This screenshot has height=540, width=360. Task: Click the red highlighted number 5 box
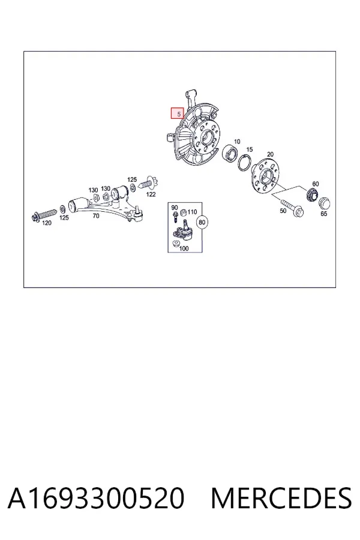178,113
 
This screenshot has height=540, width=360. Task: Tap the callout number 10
237,142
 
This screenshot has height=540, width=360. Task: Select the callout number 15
250,149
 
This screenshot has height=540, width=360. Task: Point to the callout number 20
270,154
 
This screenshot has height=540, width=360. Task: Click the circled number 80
202,222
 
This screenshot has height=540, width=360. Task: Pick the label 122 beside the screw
151,194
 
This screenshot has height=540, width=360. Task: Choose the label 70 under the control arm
96,216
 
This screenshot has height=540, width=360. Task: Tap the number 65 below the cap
324,214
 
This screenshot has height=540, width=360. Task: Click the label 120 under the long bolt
47,223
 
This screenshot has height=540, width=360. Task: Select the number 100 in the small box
184,248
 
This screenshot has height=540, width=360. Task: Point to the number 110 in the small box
192,212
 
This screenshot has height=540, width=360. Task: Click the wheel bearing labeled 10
229,153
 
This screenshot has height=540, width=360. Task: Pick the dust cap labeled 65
324,203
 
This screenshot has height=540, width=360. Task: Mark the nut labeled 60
313,194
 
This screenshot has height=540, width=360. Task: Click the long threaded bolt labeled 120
45,214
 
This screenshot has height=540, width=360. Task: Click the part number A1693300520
96,498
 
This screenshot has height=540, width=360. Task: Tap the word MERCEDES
281,498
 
